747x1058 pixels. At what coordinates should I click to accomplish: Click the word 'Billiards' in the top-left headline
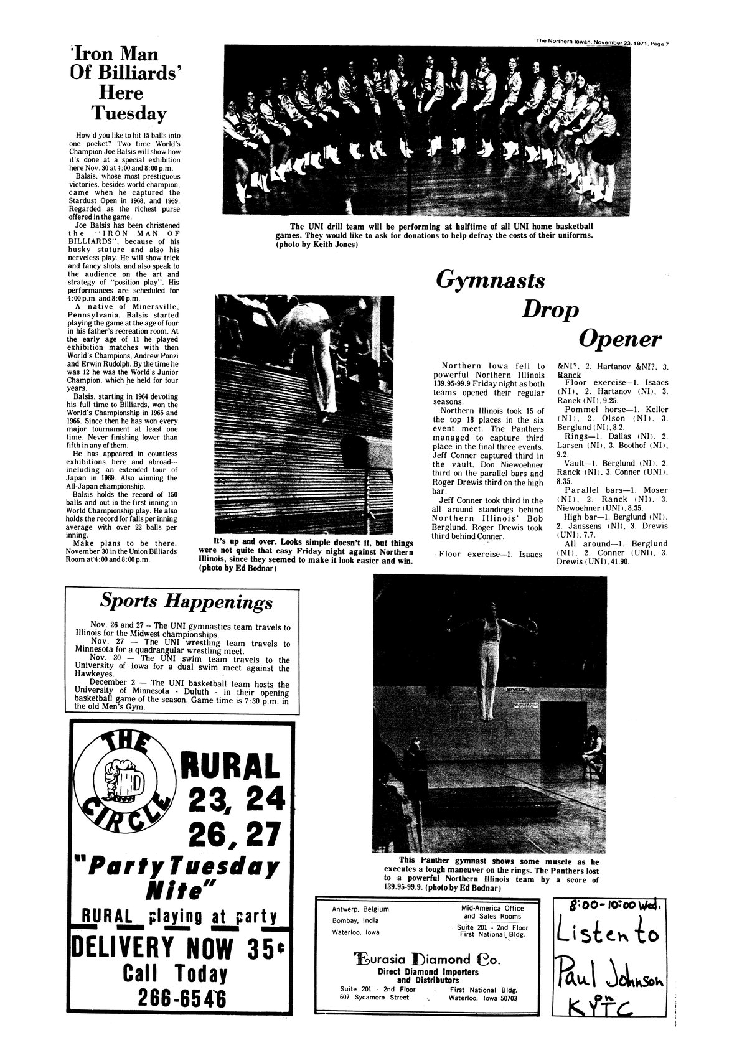pos(118,71)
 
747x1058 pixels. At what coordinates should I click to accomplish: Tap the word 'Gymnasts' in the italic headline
pos(491,280)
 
